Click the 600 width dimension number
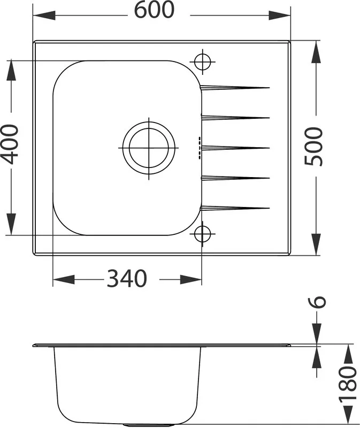154,10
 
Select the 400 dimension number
10,144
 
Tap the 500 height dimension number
313,146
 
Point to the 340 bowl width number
127,278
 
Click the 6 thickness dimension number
317,302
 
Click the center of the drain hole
149,148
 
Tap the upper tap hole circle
203,62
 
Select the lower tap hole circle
203,234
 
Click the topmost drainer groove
235,87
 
